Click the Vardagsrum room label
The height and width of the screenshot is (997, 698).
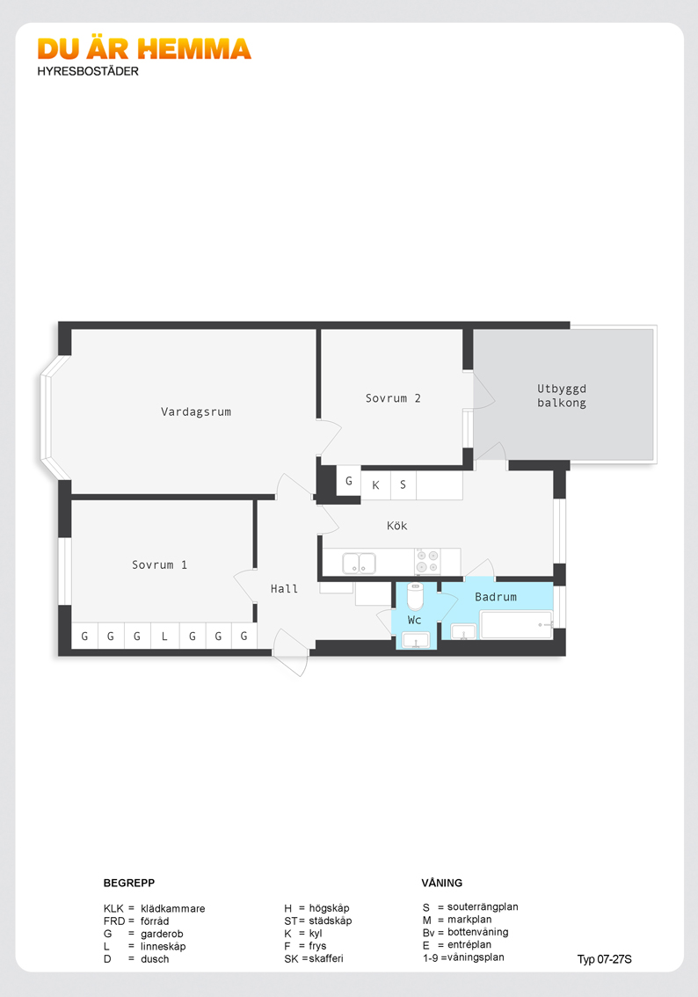[196, 411]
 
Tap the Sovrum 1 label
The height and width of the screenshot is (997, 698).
[160, 564]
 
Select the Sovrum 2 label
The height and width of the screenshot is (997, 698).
[393, 398]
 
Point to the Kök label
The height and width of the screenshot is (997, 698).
[396, 525]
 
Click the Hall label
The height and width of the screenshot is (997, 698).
[284, 589]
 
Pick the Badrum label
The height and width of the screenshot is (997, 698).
[496, 597]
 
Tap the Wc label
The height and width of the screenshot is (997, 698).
[414, 620]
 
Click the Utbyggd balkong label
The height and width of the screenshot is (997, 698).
[562, 396]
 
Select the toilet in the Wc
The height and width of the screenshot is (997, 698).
[415, 596]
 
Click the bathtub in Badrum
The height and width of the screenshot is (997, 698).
[516, 625]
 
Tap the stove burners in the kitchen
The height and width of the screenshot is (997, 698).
[428, 562]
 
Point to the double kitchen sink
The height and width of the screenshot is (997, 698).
[360, 564]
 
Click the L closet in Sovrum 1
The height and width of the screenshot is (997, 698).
[164, 636]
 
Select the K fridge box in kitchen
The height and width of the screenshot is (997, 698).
[375, 485]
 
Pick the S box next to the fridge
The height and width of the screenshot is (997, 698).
[403, 485]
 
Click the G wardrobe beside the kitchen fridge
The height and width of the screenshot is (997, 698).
[348, 481]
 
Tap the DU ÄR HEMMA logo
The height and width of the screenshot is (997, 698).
[144, 49]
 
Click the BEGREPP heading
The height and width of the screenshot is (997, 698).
[129, 883]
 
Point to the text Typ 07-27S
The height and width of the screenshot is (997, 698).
[605, 959]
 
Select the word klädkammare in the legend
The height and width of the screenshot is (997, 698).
[173, 908]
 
